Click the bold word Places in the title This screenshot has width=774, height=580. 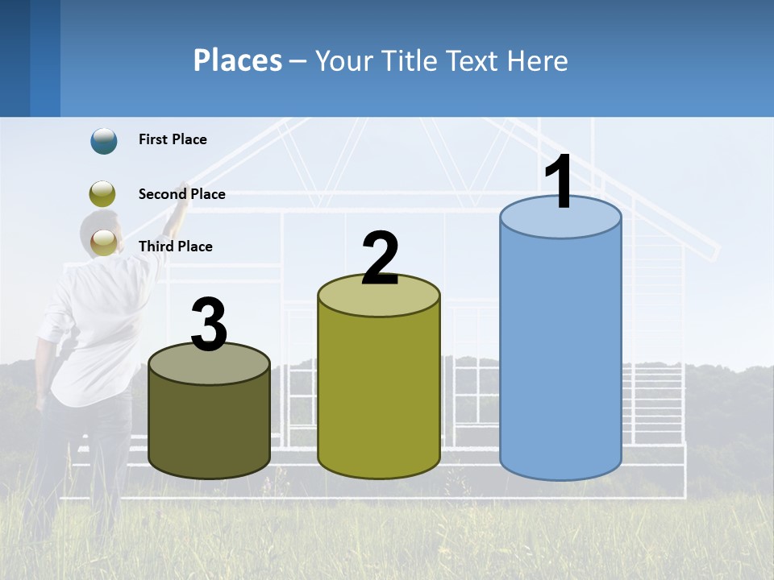238,61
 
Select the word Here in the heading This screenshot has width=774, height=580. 538,61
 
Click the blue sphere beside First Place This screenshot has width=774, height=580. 104,141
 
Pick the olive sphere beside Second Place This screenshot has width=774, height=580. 103,194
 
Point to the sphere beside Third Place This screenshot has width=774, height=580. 104,242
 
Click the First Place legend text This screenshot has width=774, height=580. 173,139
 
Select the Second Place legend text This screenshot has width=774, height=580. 181,194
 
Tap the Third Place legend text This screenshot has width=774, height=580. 175,246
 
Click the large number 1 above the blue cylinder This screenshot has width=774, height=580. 560,182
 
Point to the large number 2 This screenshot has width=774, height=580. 380,259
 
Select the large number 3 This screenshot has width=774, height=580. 209,325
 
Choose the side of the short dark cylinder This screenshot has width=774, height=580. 209,427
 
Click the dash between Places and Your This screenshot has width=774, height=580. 298,62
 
